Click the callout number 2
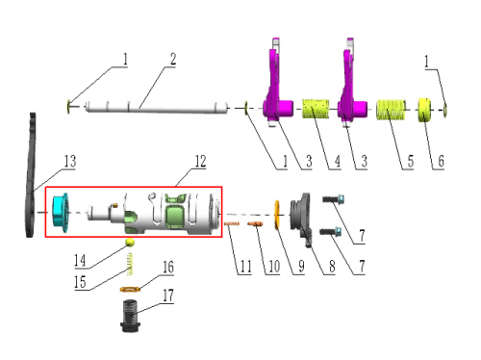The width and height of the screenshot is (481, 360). [x=173, y=60]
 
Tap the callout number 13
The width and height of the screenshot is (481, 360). [x=70, y=162]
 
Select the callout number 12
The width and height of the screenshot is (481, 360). [x=200, y=162]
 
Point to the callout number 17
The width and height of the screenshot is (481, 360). [x=168, y=296]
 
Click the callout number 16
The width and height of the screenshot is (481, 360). [x=168, y=267]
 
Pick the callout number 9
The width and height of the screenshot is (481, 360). [x=301, y=266]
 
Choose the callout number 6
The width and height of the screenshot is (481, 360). [x=442, y=161]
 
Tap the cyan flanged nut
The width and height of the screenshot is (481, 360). [x=61, y=213]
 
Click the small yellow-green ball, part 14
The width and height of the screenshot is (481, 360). [x=130, y=243]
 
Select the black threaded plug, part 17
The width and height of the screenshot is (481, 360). [x=131, y=316]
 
